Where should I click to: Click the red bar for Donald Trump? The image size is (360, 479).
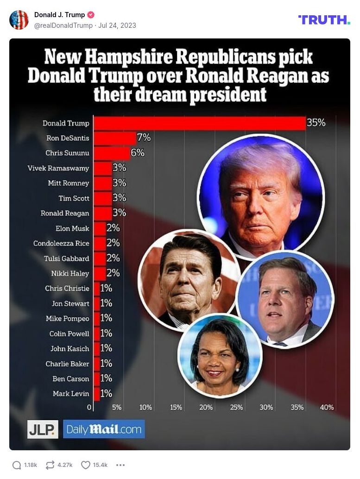point(199,123)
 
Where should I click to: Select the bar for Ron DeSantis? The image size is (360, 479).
point(115,138)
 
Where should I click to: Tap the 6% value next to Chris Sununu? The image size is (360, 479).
point(138,153)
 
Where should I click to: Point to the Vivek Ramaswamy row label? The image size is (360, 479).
point(58,168)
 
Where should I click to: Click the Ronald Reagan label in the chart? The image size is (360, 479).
point(65,213)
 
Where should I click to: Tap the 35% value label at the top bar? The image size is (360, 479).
point(316,123)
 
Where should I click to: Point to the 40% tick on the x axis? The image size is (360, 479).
point(327,408)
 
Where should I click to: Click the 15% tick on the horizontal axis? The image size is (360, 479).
point(176,408)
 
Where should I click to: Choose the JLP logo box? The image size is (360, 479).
point(43,429)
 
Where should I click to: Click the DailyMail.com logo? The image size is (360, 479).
point(104,429)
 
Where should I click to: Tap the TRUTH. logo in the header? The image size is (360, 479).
point(324,19)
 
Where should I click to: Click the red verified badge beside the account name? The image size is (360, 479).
point(91,15)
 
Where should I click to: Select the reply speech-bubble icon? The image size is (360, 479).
point(17,465)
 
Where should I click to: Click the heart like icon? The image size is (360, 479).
point(86,465)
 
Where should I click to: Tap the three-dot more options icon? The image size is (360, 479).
point(120,465)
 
